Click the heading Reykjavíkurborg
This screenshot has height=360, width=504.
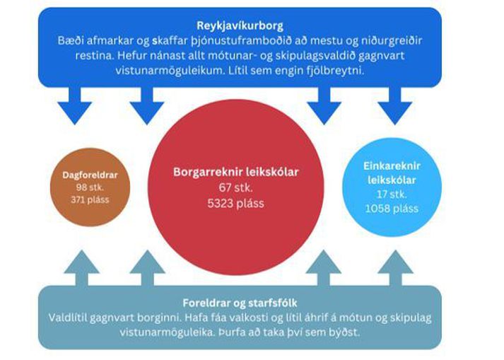(x=240, y=25)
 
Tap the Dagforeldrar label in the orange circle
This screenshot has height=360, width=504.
(x=90, y=175)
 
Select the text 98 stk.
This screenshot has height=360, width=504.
(x=90, y=187)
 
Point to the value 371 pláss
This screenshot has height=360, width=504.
(x=90, y=199)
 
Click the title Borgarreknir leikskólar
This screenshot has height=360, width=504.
(x=236, y=172)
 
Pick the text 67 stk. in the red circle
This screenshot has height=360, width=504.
(x=236, y=187)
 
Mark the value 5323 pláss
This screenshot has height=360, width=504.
(x=236, y=203)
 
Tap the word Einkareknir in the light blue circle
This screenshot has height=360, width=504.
(x=392, y=166)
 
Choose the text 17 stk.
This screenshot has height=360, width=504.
(x=392, y=194)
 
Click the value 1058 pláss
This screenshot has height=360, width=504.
(x=392, y=209)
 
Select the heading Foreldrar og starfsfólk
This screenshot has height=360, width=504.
(x=240, y=303)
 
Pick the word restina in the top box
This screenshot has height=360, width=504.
(x=94, y=56)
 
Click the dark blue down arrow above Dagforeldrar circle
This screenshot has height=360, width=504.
(x=74, y=105)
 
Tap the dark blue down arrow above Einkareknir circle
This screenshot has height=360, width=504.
(x=394, y=105)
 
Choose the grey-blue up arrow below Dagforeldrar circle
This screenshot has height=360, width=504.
(x=81, y=268)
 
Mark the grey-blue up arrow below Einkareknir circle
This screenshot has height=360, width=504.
(x=396, y=268)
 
